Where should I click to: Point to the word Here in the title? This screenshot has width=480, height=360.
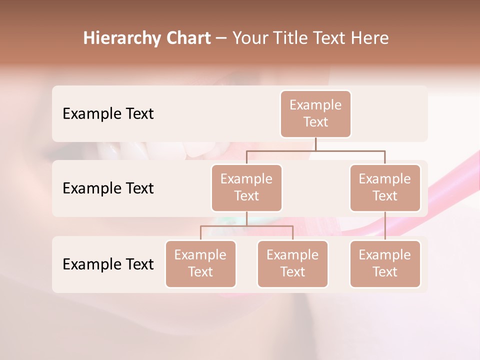click(371, 38)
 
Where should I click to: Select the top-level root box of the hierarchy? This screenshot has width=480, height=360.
click(315, 113)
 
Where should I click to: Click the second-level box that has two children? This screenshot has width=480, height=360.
click(246, 187)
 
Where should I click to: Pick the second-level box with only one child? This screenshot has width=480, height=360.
click(385, 187)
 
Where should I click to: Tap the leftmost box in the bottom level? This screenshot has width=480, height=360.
click(200, 263)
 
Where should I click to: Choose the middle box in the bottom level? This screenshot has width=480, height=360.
click(292, 263)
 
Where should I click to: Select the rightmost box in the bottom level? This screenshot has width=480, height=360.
click(385, 263)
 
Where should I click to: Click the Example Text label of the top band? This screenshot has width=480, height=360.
click(108, 114)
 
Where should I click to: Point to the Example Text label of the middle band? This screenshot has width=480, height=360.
click(108, 188)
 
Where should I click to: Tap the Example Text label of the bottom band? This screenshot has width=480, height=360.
click(108, 264)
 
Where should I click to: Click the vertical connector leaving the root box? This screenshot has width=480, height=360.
click(315, 144)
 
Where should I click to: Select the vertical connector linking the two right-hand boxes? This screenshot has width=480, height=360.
click(385, 226)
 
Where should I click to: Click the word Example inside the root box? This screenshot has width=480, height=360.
click(315, 105)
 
